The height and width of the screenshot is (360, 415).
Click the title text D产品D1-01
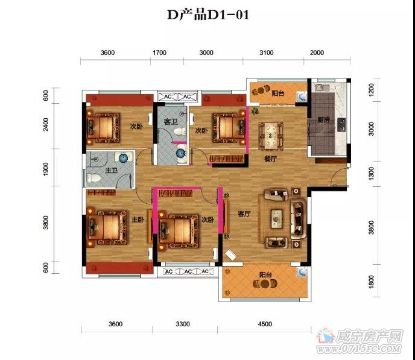pyautogui.click(x=207, y=15)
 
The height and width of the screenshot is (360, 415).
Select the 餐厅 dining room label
pyautogui.click(x=270, y=159)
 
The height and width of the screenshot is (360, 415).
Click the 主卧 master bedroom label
pyautogui.click(x=138, y=220)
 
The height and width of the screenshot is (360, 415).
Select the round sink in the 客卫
pyautogui.click(x=181, y=153)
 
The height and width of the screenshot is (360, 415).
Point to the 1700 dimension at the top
pyautogui.click(x=159, y=53)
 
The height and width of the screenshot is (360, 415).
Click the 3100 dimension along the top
pyautogui.click(x=266, y=53)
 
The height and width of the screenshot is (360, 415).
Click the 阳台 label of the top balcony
pyautogui.click(x=277, y=94)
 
